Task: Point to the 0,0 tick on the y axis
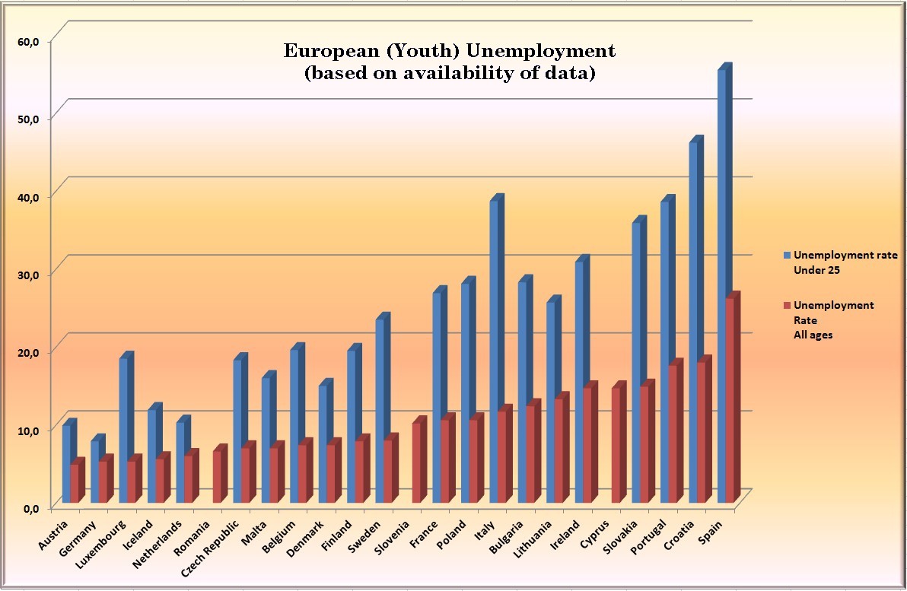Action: pos(30,508)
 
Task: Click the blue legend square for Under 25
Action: pos(788,256)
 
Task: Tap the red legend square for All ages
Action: pos(788,305)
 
